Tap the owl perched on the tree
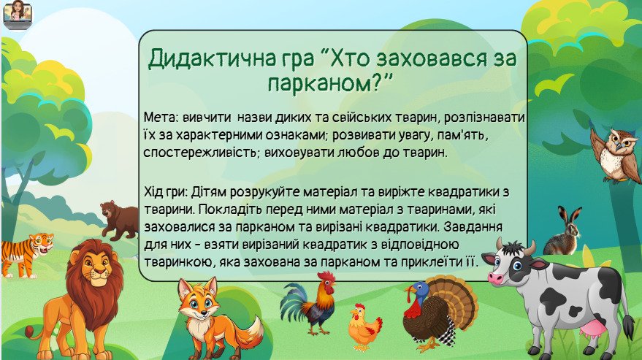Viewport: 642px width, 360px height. [x=615, y=156]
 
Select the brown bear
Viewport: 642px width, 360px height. [x=120, y=220]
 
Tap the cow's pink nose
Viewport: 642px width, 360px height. [x=495, y=277]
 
